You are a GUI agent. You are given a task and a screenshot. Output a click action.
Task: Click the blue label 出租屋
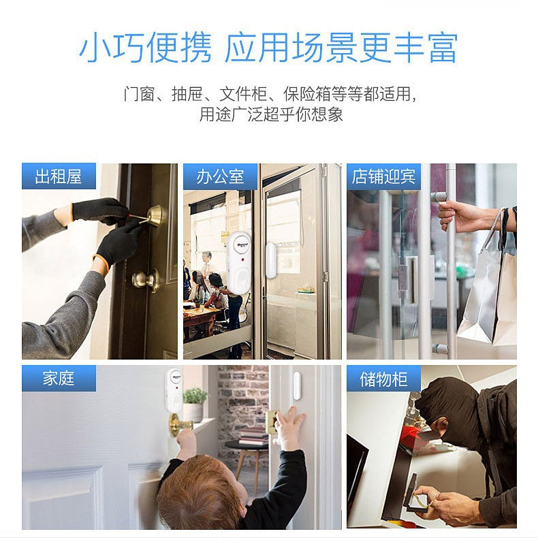pos(59,176)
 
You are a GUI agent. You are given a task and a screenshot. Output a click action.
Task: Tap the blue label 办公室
pos(220,176)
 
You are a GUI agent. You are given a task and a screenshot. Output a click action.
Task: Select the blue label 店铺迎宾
pos(383,176)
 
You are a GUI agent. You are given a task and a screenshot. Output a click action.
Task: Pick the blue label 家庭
pos(59,379)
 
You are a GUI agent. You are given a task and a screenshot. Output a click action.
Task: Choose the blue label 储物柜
pos(383,379)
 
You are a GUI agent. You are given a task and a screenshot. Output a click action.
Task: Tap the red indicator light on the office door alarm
pos(242,259)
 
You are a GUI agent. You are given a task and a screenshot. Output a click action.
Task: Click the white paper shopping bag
pos(487,295)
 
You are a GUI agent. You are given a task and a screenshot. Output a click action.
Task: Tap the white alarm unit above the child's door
pos(174,390)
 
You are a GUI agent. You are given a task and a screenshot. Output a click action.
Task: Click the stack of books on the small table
pos(254,436)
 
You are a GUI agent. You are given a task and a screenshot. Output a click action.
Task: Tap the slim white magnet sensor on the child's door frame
pos(296,385)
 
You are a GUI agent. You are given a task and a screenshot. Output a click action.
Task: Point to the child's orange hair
pos(199,494)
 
